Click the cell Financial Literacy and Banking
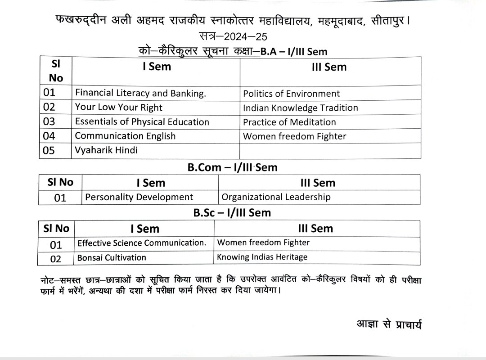(140, 93)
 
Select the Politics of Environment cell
(291, 94)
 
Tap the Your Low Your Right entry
(119, 107)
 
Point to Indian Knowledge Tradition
(300, 108)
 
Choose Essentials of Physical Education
(142, 121)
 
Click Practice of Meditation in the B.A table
(289, 122)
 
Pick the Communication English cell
(125, 135)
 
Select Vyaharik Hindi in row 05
(106, 150)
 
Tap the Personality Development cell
(139, 197)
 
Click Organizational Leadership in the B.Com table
(276, 197)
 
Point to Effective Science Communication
(142, 243)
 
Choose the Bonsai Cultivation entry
(112, 257)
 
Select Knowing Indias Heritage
(262, 257)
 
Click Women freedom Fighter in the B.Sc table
(263, 243)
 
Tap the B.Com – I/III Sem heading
(233, 167)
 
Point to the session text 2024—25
(243, 36)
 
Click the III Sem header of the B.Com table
(318, 183)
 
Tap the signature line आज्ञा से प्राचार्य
(388, 324)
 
